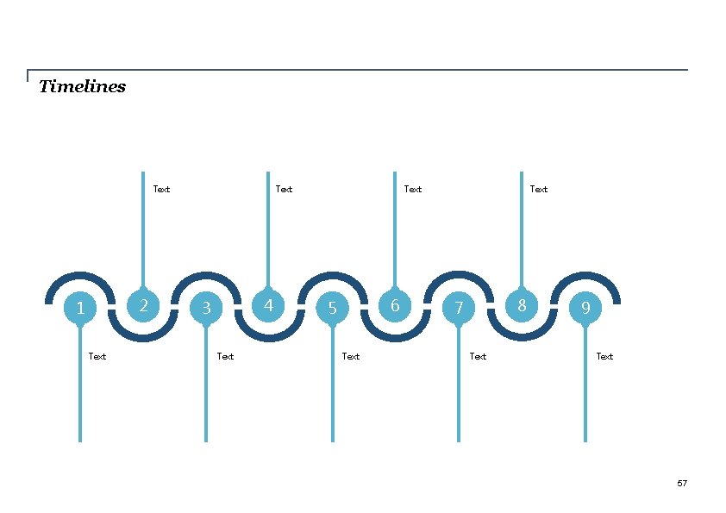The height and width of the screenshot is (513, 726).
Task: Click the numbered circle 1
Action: [80, 308]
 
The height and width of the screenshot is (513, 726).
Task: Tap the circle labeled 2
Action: [143, 305]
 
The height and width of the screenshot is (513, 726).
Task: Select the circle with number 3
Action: [206, 308]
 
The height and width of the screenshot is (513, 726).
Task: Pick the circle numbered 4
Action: [268, 305]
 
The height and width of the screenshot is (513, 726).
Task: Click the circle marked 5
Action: [332, 308]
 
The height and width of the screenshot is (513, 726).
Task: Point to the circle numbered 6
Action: [395, 305]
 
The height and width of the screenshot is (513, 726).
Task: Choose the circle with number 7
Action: [459, 308]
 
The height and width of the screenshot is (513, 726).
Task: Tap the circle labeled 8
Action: [522, 305]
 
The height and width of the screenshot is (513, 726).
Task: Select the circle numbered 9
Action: [585, 308]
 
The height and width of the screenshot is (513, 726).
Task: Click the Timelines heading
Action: [83, 86]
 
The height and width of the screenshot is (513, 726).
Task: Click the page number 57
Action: [682, 484]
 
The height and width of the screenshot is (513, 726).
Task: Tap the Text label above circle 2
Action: [161, 189]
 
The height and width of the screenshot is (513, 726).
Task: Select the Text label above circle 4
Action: [284, 189]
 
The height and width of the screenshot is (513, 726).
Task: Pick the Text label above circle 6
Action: [413, 189]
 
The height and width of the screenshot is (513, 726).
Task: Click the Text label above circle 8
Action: [539, 189]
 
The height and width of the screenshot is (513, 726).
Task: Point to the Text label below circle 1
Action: [97, 356]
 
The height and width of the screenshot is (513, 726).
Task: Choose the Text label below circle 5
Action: [351, 356]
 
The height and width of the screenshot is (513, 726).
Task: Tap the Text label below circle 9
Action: [604, 356]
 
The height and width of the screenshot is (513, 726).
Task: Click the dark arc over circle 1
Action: [79, 276]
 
